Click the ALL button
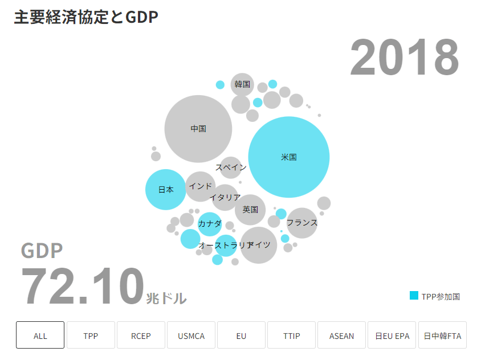tap(40, 336)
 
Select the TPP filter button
tap(91, 336)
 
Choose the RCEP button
tap(141, 336)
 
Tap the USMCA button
tap(191, 336)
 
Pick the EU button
tap(241, 336)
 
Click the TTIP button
tap(291, 336)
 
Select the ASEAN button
tap(341, 336)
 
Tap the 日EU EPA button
tap(392, 336)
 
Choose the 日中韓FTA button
tap(442, 336)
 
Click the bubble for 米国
tap(289, 157)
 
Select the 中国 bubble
tap(198, 129)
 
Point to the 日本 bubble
tap(166, 190)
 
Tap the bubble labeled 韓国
tap(242, 84)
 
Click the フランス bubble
tap(302, 222)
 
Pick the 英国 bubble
tap(250, 210)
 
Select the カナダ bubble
tap(209, 224)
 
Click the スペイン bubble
tap(231, 167)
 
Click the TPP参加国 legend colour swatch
tap(414, 296)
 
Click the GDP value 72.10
tap(82, 287)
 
